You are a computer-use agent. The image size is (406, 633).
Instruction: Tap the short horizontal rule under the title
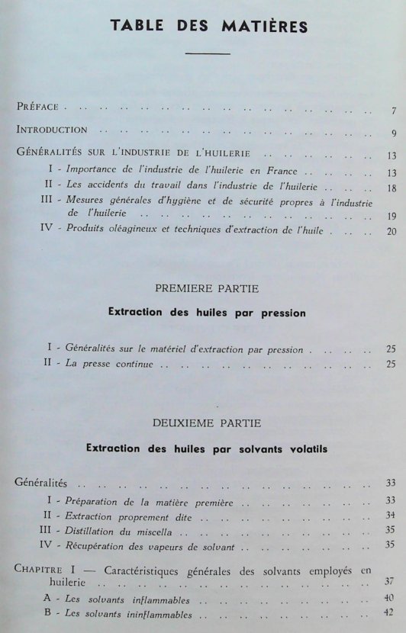[x=208, y=53]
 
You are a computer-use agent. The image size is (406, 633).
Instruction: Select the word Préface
[x=43, y=108]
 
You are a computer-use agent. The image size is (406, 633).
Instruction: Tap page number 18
[x=391, y=188]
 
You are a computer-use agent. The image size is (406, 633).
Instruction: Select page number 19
[x=391, y=216]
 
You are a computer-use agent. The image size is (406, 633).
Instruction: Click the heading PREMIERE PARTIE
[x=206, y=288]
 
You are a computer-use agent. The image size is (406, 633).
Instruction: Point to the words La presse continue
[x=110, y=365]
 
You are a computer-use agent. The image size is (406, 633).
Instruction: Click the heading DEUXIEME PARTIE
[x=206, y=422]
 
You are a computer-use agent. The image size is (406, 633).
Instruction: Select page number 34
[x=390, y=516]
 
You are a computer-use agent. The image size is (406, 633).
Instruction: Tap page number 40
[x=390, y=598]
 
